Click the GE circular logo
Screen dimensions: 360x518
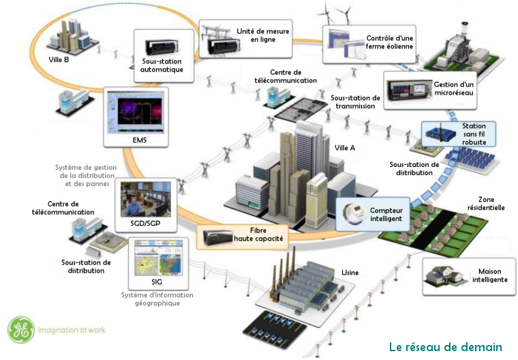coord(20,330)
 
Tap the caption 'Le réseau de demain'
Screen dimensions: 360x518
coord(445,347)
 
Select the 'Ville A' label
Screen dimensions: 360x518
coord(345,147)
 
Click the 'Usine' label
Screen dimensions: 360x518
coord(350,273)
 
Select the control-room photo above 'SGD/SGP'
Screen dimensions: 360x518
coord(144,198)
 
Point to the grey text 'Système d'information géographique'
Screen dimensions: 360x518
coord(157,299)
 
